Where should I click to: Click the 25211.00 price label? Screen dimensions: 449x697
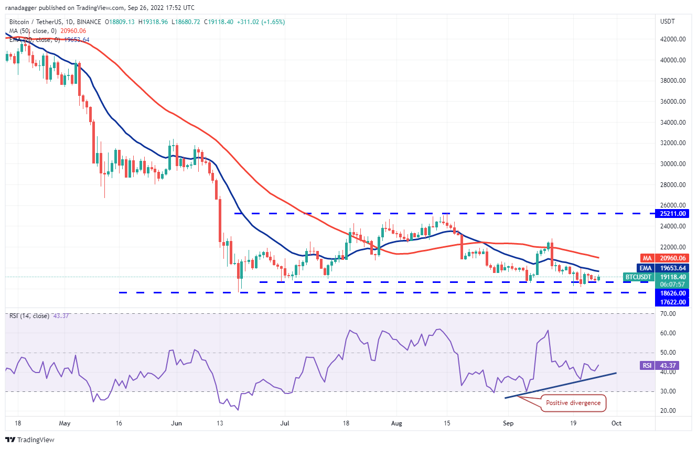(x=673, y=214)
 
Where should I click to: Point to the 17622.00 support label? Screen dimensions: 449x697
(x=673, y=302)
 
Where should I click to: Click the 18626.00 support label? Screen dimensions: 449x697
(x=673, y=293)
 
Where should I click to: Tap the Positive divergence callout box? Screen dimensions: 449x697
(x=573, y=403)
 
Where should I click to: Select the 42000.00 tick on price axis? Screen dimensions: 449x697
(x=673, y=39)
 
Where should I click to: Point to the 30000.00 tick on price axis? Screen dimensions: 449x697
(x=673, y=164)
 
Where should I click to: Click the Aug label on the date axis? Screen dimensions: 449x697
(x=396, y=423)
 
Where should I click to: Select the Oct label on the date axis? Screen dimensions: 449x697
(x=617, y=423)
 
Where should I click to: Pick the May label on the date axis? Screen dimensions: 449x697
(x=65, y=423)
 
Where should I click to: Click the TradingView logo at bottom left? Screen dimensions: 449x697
(x=30, y=440)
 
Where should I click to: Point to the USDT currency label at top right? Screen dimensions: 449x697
(x=668, y=21)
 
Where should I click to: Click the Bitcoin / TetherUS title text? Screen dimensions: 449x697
(x=39, y=22)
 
